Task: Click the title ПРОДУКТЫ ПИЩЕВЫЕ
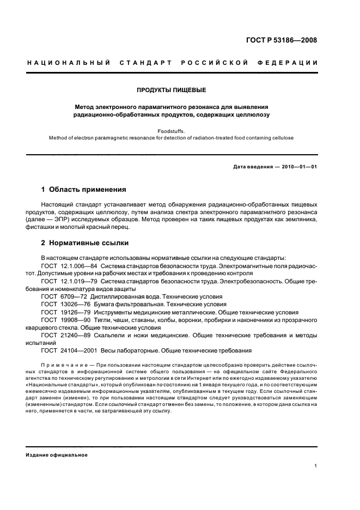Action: pyautogui.click(x=172, y=89)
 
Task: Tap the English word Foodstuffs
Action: pyautogui.click(x=172, y=131)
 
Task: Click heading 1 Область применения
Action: pyautogui.click(x=83, y=190)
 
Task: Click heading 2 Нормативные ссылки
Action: pyautogui.click(x=85, y=243)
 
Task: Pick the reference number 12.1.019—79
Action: pyautogui.click(x=78, y=281)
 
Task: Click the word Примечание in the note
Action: pyautogui.click(x=63, y=363)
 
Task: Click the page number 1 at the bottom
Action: pyautogui.click(x=316, y=466)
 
